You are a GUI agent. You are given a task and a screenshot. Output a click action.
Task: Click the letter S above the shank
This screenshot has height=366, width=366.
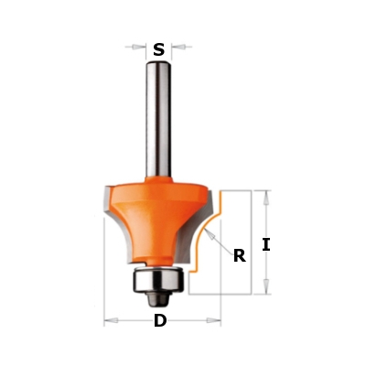(158, 49)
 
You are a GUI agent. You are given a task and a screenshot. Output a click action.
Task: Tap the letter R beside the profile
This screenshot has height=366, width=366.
(240, 255)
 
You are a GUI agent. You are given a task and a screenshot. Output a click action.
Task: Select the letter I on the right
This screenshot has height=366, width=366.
(266, 245)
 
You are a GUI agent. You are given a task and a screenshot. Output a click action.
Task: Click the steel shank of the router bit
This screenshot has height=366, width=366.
(158, 119)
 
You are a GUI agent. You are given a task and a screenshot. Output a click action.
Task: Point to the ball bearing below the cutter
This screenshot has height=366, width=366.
(157, 278)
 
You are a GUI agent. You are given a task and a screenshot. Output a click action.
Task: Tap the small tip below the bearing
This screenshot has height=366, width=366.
(157, 298)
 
